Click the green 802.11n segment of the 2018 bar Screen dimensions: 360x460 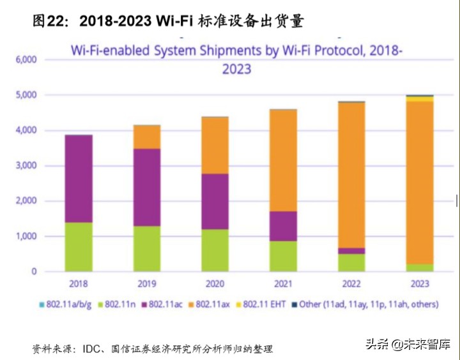(79, 247)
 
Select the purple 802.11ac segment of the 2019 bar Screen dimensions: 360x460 (147, 187)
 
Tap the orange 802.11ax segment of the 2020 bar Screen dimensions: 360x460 (215, 145)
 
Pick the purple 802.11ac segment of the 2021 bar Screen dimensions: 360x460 (283, 226)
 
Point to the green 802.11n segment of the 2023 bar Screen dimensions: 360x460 (419, 267)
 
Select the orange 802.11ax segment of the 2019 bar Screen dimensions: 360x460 (147, 137)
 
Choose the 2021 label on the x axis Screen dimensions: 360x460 (283, 283)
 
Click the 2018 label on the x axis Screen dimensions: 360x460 (79, 283)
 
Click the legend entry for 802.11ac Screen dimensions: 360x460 (162, 304)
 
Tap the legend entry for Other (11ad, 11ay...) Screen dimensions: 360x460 (364, 304)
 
